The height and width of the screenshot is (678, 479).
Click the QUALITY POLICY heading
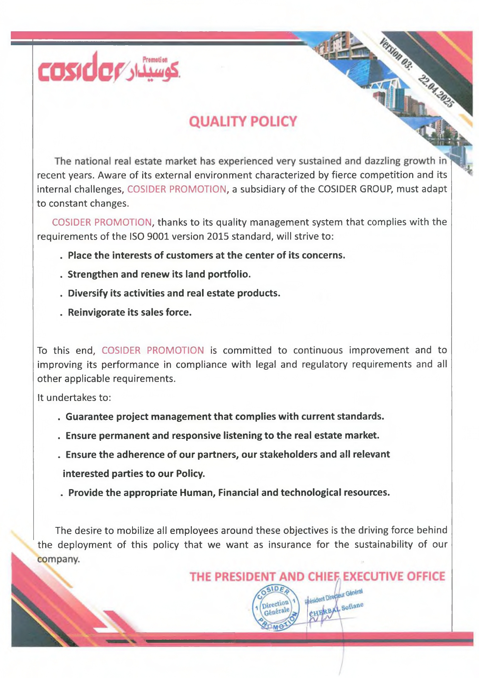(243, 121)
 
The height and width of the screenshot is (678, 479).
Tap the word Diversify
(88, 293)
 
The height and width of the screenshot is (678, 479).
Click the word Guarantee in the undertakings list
(90, 416)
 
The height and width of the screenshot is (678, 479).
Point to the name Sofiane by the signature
(352, 606)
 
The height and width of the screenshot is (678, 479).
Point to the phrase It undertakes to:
(74, 398)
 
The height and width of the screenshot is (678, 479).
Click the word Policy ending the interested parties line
(190, 474)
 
